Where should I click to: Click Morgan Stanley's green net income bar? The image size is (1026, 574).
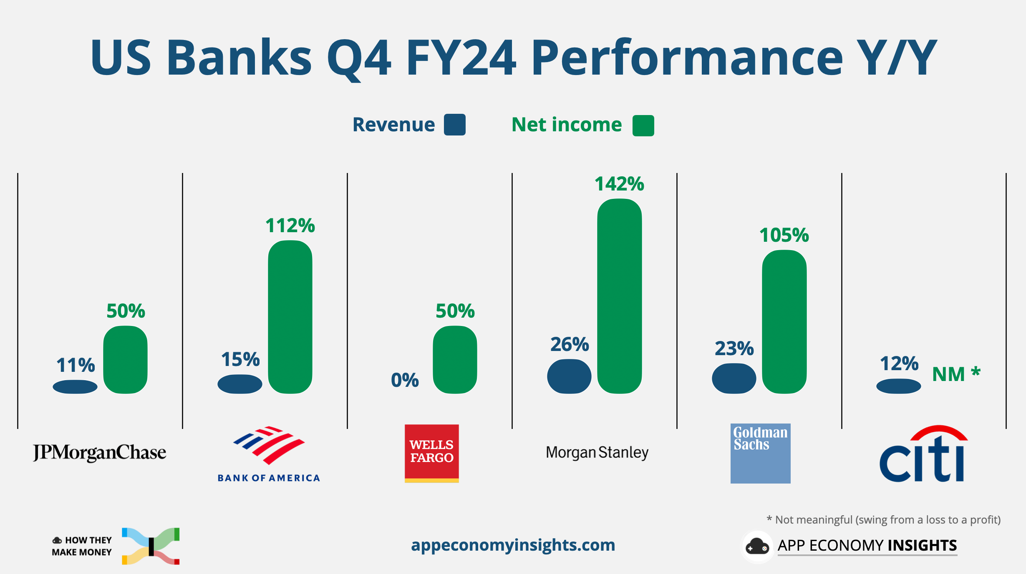coord(619,296)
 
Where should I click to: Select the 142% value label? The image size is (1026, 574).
coord(619,184)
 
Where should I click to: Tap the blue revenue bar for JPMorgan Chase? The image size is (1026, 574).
coord(75,387)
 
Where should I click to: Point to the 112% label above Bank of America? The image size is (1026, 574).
coord(290,226)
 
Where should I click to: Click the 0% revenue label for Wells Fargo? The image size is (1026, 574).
coord(405,380)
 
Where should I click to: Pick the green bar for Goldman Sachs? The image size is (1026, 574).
coord(784,321)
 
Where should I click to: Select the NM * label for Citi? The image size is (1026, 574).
coord(956,374)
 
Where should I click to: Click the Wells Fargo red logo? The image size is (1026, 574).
coord(431,453)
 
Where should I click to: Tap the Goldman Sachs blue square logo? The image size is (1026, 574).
coord(760,454)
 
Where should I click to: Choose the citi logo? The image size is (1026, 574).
coord(923,454)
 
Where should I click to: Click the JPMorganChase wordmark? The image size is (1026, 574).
coord(99,453)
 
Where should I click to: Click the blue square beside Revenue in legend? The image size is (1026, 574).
coord(454,125)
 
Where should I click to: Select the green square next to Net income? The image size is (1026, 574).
coord(643,125)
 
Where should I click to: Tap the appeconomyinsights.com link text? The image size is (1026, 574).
coord(513,545)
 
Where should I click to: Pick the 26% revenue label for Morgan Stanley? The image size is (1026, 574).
coord(570,344)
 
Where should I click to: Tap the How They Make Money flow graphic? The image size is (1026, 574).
coord(151,546)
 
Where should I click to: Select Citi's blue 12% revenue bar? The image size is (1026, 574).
coord(898,386)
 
